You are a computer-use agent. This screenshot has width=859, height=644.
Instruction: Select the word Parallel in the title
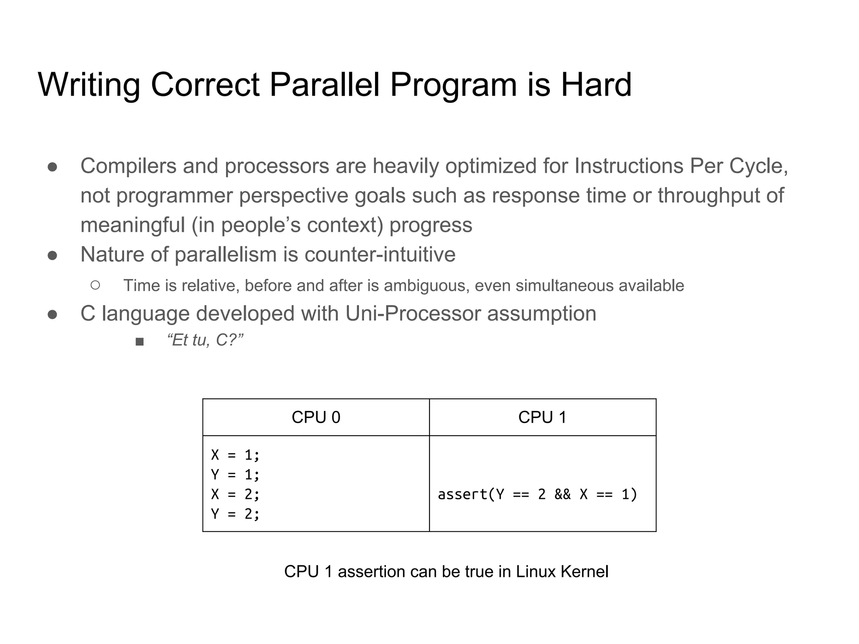click(x=324, y=85)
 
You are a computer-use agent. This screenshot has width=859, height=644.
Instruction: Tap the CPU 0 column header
click(x=316, y=418)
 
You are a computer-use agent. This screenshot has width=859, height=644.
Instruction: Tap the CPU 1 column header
click(x=542, y=418)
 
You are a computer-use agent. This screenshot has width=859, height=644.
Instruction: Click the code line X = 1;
click(x=235, y=455)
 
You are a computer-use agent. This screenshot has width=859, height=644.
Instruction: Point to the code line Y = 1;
click(x=235, y=475)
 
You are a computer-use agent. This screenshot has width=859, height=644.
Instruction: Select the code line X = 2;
click(x=235, y=494)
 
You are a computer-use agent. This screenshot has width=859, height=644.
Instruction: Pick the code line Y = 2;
click(x=235, y=514)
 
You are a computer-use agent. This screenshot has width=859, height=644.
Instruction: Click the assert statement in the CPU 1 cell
click(x=537, y=494)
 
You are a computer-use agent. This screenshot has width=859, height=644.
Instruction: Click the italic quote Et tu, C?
click(x=205, y=340)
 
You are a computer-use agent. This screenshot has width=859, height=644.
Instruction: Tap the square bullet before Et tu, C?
click(x=140, y=342)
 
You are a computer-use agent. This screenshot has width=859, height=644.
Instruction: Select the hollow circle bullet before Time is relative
click(x=95, y=286)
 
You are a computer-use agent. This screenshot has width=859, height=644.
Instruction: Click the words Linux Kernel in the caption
click(x=562, y=572)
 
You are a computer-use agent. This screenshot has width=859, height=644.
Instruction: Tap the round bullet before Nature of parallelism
click(x=52, y=255)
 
